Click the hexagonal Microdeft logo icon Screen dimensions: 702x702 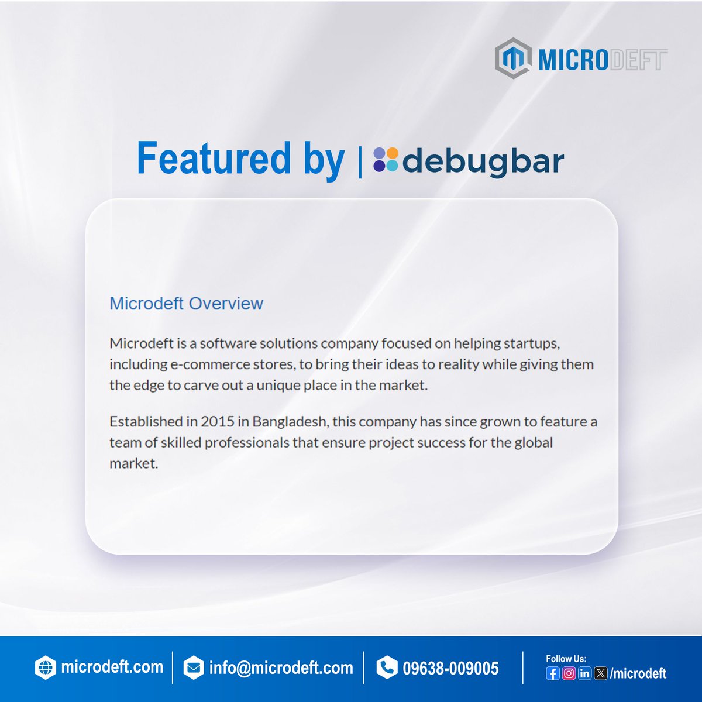click(513, 58)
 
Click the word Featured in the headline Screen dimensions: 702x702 click(214, 159)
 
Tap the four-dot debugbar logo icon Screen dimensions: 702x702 click(386, 160)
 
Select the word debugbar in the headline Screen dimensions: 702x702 click(483, 161)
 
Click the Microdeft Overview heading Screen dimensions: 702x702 click(186, 303)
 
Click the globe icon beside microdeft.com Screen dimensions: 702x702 click(45, 667)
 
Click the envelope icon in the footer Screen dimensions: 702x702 click(193, 668)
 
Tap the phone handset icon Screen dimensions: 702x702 click(387, 667)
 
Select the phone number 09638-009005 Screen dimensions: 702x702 click(450, 668)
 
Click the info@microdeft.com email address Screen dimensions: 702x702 click(281, 668)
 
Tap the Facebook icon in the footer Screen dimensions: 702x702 click(552, 673)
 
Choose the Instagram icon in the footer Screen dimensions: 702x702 click(568, 673)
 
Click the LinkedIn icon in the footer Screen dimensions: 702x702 click(584, 673)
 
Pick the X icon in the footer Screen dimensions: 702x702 click(600, 673)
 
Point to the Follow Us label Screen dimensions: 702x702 click(566, 659)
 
